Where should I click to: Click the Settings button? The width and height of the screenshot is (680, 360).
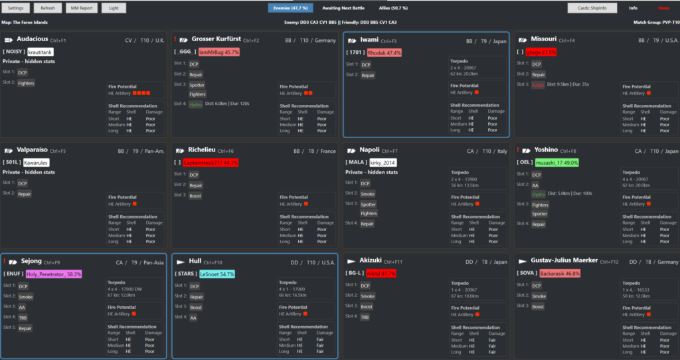(15, 8)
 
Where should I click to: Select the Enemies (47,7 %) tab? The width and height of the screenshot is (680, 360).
(290, 8)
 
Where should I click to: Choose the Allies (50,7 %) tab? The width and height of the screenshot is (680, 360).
(393, 8)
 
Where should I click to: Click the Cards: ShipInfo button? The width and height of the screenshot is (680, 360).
(592, 8)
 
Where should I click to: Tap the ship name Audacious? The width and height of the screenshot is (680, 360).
(32, 40)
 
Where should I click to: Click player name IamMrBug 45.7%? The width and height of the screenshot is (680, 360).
(219, 52)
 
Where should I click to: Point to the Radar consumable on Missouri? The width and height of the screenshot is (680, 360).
(538, 84)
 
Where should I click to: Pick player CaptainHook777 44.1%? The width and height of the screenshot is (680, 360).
(211, 162)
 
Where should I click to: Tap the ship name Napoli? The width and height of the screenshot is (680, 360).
(369, 150)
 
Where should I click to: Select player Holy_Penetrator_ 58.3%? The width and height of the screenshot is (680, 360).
(54, 273)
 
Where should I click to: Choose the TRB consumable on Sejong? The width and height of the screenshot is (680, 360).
(23, 317)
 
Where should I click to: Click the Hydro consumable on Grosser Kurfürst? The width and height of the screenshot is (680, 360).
(195, 104)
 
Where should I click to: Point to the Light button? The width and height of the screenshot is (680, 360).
(114, 8)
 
